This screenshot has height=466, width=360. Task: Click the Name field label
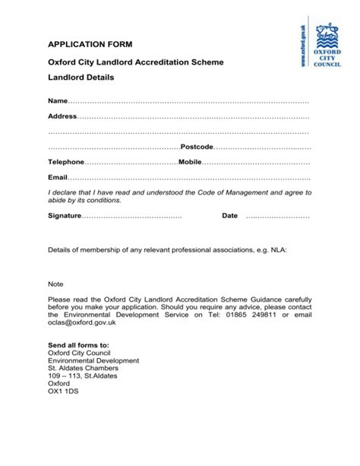58,101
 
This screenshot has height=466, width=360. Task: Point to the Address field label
62,116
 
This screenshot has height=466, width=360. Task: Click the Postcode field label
196,147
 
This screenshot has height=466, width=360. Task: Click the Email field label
58,178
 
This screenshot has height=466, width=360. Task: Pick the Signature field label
65,217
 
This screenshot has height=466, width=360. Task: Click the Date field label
229,217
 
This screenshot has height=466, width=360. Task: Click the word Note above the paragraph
56,284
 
